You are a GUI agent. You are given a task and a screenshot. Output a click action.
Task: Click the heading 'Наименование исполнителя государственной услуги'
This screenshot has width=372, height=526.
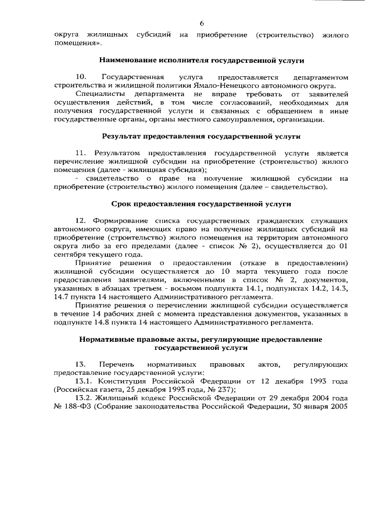coord(201,60)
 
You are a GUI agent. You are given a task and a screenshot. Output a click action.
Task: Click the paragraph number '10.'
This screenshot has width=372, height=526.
coord(81,77)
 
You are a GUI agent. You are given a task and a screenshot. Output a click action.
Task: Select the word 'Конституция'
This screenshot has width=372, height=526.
coord(127,381)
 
